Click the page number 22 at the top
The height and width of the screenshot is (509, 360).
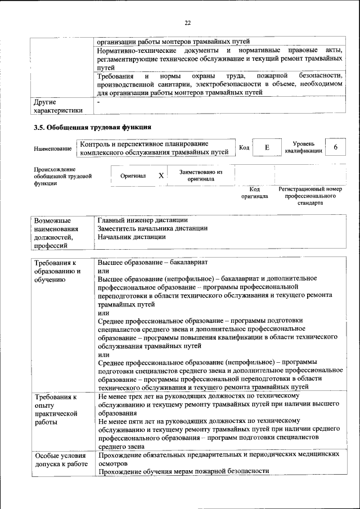187,22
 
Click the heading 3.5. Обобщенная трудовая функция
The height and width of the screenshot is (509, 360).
93,127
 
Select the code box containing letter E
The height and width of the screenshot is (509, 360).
267,147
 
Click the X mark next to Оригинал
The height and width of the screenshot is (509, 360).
161,175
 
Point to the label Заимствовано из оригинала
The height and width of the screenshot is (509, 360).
201,175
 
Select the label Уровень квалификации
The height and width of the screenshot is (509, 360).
303,147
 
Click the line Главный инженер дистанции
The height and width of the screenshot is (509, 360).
142,219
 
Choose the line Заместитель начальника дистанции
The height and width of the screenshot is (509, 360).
152,228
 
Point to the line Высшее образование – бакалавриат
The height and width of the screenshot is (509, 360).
152,263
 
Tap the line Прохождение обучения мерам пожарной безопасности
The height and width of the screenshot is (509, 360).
184,471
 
